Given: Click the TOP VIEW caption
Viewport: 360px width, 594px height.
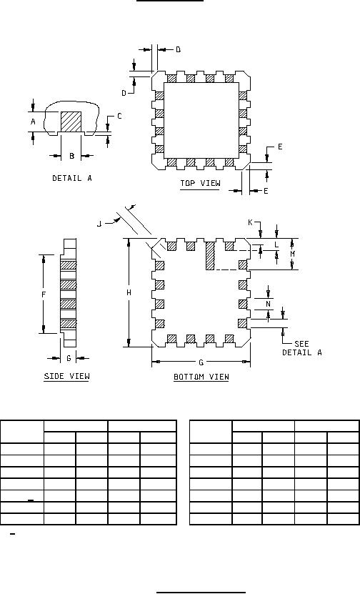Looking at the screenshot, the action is (200, 184).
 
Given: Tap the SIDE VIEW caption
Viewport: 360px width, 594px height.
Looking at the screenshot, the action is (67, 376).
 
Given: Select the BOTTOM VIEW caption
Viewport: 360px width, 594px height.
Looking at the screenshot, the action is (201, 377).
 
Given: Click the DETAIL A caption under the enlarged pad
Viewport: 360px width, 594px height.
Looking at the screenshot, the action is (72, 178).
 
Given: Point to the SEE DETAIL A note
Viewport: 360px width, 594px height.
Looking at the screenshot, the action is (302, 348).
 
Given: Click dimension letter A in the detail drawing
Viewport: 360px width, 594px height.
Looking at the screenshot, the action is (34, 122).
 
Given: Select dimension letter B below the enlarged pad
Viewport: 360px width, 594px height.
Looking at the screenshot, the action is (71, 156).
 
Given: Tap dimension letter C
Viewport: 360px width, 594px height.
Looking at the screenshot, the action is (119, 117).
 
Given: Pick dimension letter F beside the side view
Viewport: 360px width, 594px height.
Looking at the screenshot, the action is (44, 294).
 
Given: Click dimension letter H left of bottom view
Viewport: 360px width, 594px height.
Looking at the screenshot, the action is (129, 293).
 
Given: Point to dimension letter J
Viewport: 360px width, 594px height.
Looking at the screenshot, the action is (99, 224).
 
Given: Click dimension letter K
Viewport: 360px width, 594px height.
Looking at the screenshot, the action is (250, 222).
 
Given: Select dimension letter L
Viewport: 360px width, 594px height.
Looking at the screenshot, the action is (276, 244).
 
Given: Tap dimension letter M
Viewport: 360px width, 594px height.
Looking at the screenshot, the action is (292, 254).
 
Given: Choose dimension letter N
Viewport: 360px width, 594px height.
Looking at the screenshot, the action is (269, 304).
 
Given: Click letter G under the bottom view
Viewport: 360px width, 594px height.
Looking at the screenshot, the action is (201, 362).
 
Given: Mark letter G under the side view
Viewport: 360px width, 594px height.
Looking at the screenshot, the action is (69, 358).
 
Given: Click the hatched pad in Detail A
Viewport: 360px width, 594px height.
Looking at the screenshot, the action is (71, 122).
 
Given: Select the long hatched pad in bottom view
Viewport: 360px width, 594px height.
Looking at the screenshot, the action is (211, 256).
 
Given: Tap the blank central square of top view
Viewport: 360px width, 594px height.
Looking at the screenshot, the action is (201, 120).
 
